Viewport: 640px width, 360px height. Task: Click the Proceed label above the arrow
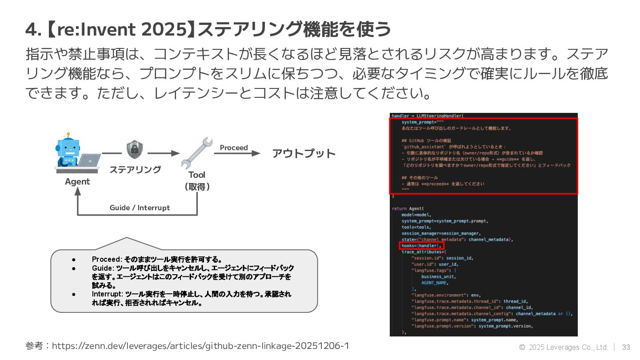234,148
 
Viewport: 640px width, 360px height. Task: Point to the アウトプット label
304,154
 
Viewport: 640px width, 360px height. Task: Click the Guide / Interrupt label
140,208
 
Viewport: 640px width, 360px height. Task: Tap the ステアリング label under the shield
135,169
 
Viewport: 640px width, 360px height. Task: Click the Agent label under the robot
77,181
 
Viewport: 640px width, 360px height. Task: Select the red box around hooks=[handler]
421,245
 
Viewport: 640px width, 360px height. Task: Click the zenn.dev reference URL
200,346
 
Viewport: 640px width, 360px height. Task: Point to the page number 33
626,347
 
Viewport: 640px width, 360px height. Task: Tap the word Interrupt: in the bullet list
108,294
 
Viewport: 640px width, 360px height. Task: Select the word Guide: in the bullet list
103,268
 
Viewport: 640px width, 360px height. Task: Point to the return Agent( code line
408,208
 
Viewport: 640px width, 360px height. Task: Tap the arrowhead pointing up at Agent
78,191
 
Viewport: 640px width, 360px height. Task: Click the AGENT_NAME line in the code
435,283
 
